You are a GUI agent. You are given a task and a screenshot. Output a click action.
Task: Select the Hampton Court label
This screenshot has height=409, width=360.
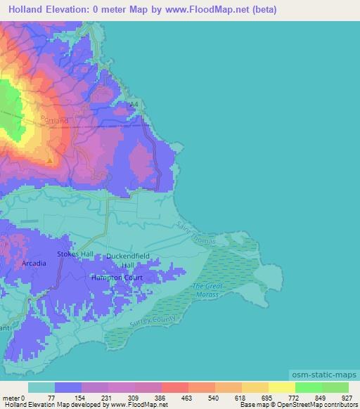(x=117, y=278)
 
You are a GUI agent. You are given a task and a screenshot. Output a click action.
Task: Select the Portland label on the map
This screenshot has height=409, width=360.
(x=54, y=120)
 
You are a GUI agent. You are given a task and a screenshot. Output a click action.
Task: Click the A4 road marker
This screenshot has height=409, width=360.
(x=134, y=105)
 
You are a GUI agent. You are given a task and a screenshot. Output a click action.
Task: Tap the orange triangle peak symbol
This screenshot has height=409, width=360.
(x=49, y=160)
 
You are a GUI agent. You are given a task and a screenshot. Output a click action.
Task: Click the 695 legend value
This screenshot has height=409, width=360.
(x=269, y=398)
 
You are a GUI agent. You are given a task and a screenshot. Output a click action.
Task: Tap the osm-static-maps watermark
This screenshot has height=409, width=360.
(x=323, y=374)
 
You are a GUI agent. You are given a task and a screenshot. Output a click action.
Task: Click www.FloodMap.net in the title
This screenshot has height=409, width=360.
(x=216, y=10)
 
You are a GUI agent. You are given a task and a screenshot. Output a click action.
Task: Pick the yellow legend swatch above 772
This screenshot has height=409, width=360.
(x=282, y=387)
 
